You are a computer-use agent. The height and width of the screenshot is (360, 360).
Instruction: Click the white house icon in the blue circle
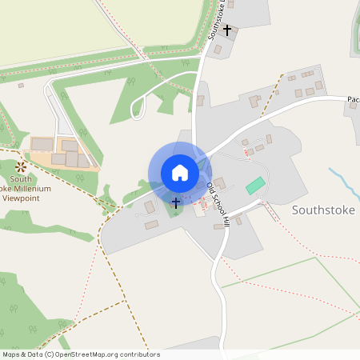(x=179, y=172)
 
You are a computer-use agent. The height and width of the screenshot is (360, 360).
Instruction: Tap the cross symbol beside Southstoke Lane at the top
(x=227, y=31)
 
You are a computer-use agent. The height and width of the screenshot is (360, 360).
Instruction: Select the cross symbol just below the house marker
(x=176, y=203)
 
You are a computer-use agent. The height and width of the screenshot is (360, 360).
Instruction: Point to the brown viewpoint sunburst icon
(x=21, y=166)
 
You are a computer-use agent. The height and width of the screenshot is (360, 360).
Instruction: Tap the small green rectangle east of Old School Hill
(x=255, y=186)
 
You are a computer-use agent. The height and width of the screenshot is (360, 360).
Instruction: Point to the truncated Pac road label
(x=353, y=100)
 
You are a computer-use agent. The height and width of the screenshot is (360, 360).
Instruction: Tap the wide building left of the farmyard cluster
(x=42, y=144)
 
